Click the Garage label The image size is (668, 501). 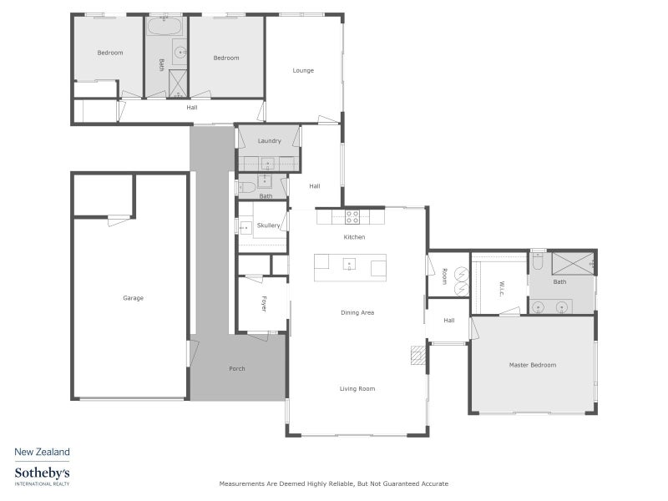click(133, 298)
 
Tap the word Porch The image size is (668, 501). click(237, 368)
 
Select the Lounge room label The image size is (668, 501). click(303, 70)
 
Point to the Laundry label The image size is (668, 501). click(269, 140)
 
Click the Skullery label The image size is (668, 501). click(269, 225)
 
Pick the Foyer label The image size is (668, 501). click(263, 304)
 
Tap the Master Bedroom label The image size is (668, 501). click(532, 365)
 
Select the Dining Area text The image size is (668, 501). click(357, 312)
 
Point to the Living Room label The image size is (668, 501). click(357, 388)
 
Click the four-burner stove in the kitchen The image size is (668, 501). click(352, 217)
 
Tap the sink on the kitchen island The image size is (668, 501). click(350, 266)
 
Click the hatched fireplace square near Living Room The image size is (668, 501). click(417, 356)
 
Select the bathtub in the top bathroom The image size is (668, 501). click(165, 26)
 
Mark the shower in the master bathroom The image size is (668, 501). click(572, 262)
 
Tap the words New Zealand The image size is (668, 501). click(42, 452)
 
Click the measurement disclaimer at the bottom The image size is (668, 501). click(333, 483)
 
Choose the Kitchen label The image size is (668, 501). click(354, 237)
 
